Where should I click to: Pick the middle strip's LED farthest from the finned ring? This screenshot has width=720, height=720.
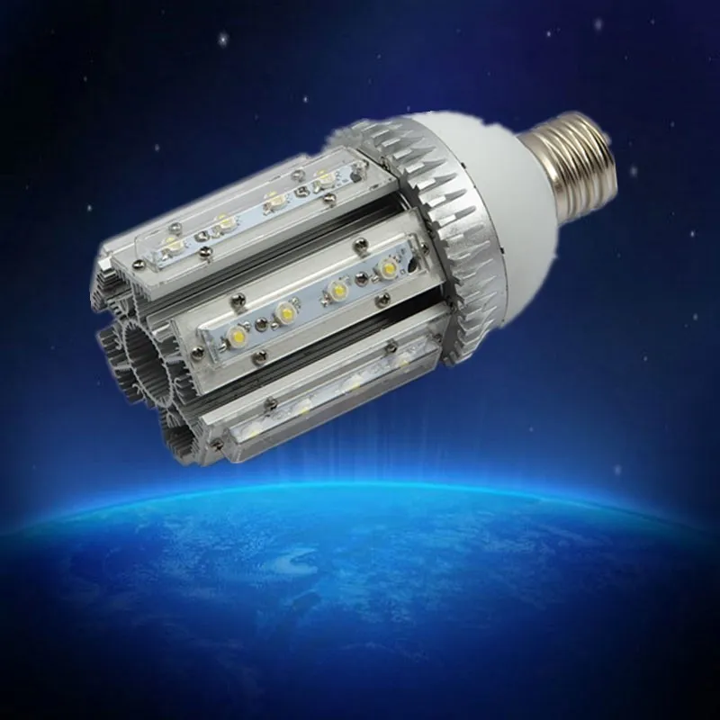click(x=242, y=333)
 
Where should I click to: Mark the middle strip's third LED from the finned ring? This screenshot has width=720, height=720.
click(x=287, y=312)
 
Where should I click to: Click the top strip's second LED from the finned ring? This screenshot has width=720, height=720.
click(x=272, y=200)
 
